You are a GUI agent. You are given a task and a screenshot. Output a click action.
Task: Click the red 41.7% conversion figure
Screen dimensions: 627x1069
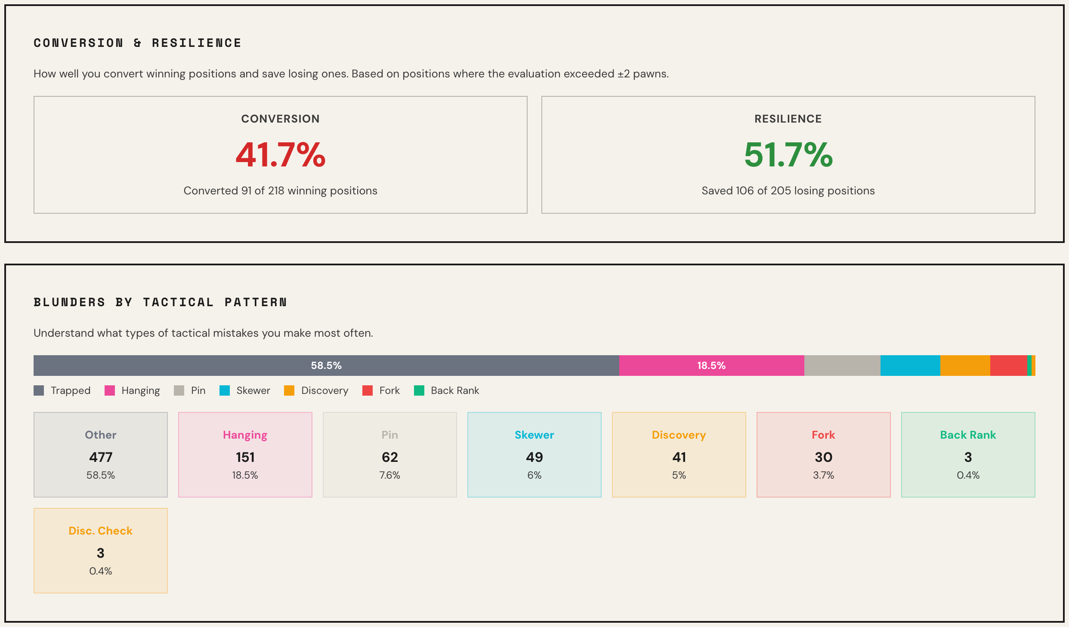[x=280, y=155]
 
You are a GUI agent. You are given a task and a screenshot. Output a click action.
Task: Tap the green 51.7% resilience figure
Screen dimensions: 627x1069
[x=788, y=155]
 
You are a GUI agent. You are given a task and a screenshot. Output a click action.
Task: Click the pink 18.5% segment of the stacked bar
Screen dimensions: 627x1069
[x=711, y=366]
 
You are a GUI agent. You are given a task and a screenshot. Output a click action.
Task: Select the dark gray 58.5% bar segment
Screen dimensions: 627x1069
[x=326, y=366]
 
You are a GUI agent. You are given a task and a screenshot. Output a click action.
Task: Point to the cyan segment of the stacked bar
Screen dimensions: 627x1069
[x=910, y=366]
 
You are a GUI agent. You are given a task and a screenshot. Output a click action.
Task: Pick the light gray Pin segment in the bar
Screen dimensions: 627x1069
[x=842, y=366]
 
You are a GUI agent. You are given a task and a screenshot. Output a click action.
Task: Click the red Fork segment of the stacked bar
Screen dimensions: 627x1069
[x=1008, y=366]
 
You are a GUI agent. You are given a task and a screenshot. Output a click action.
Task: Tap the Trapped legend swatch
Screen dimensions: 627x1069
[x=39, y=390]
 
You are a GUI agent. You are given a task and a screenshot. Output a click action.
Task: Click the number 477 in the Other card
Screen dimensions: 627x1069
[x=101, y=457]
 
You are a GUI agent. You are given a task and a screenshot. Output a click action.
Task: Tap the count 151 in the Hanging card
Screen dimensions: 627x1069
[x=245, y=457]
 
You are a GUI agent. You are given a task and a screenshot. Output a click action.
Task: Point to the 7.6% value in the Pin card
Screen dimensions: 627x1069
[x=390, y=475]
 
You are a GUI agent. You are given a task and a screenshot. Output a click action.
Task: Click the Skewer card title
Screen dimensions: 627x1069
[x=534, y=435]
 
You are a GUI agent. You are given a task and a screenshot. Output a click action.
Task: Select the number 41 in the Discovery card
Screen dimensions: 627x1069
[x=679, y=457]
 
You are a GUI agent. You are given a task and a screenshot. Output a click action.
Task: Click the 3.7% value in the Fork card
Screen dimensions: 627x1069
[x=823, y=475]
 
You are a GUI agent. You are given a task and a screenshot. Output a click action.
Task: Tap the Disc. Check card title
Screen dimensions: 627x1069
[x=101, y=531]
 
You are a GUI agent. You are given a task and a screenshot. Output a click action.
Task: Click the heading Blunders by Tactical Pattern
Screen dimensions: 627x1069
[x=160, y=302]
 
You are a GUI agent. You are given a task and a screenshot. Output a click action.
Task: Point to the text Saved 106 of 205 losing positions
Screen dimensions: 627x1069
[x=788, y=191]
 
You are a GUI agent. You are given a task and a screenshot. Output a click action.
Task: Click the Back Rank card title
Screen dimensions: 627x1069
[x=968, y=435]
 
